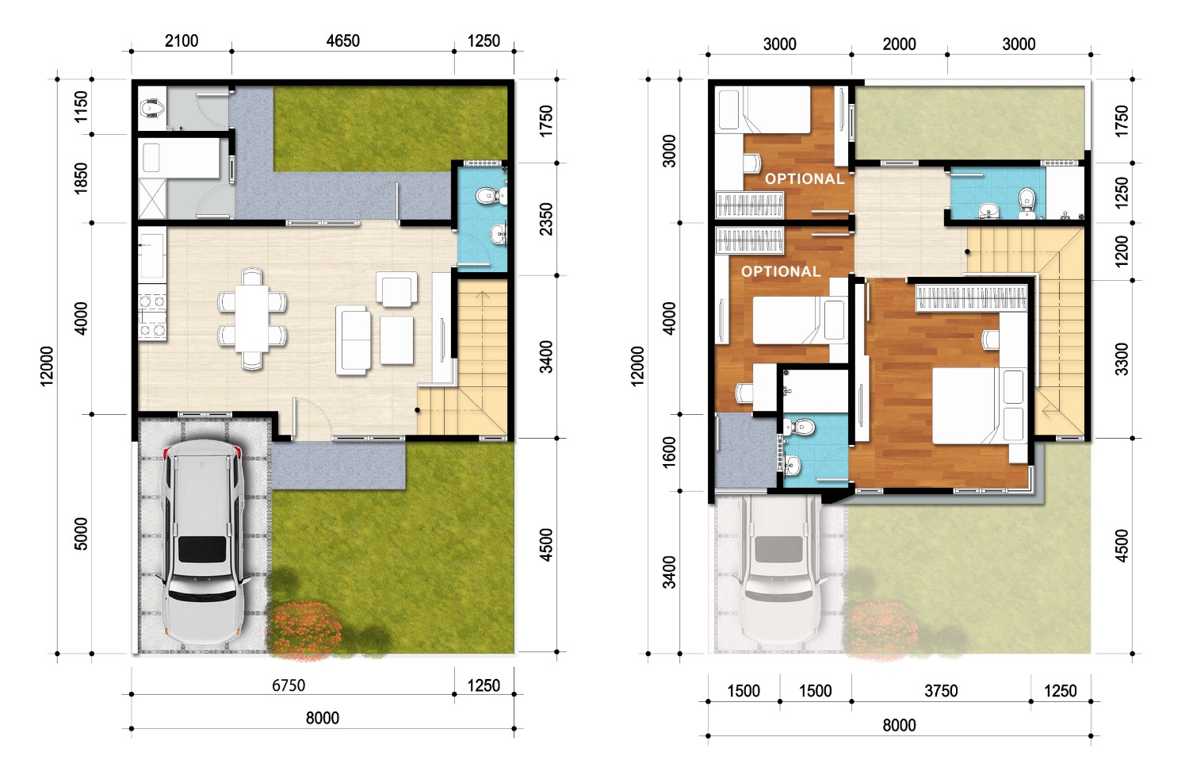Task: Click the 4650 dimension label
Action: [343, 41]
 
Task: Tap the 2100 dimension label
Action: [182, 41]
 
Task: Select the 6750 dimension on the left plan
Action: [289, 685]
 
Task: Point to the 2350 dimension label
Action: [546, 219]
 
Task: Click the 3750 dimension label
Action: [941, 691]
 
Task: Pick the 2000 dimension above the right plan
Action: [899, 44]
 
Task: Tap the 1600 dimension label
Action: [671, 452]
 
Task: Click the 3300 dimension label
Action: [1122, 359]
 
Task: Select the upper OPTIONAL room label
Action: [805, 179]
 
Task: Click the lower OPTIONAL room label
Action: [782, 271]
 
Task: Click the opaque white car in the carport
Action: [203, 542]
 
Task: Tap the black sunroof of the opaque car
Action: [202, 549]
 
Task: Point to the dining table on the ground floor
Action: [252, 318]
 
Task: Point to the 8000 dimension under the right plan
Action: [899, 725]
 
